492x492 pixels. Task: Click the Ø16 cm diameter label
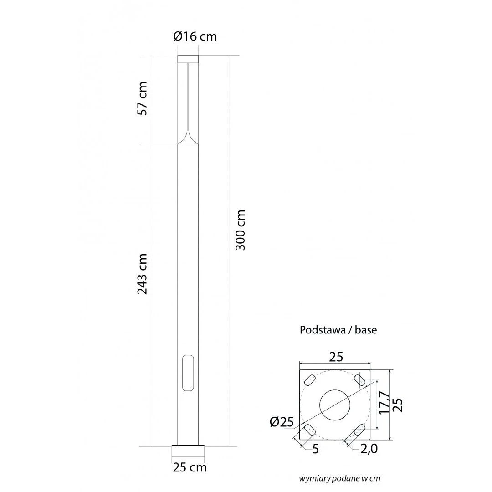pos(195,36)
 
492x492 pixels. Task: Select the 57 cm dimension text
pos(142,98)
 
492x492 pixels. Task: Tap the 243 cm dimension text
pos(142,274)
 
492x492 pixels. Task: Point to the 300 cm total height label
pos(240,230)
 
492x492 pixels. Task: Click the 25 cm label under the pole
pos(190,467)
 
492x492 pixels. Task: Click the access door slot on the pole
pos(188,373)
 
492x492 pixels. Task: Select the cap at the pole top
pos(188,59)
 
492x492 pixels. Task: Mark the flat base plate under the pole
pos(188,446)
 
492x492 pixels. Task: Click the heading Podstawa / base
pos(338,330)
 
